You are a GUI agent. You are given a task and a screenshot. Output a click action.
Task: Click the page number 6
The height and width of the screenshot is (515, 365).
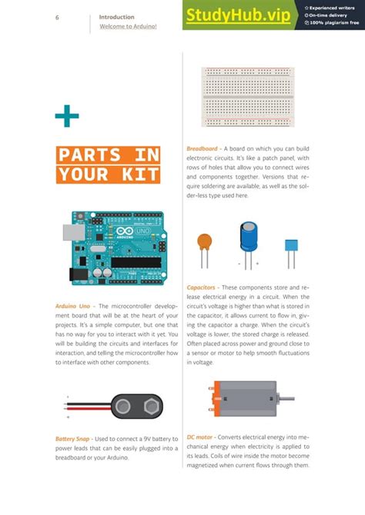point(58,17)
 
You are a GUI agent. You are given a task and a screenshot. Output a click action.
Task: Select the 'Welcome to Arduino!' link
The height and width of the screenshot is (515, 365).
point(128,27)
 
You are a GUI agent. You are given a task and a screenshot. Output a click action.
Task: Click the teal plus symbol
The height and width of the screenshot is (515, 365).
point(66,117)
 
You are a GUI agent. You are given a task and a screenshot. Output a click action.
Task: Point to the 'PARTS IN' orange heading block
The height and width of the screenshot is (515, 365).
point(109,154)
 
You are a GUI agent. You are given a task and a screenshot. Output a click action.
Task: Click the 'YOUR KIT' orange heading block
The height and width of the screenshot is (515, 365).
point(109,174)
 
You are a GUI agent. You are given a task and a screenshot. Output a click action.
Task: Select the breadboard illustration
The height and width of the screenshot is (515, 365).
point(247,97)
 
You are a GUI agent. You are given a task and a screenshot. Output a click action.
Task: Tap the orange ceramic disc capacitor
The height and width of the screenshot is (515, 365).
point(204,245)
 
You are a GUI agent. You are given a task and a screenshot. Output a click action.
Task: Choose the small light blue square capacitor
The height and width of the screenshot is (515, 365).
point(291,248)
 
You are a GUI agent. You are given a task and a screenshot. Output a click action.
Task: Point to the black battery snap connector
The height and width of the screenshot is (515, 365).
point(136,404)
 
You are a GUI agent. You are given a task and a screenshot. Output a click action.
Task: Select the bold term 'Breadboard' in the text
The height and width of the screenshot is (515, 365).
point(202,148)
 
